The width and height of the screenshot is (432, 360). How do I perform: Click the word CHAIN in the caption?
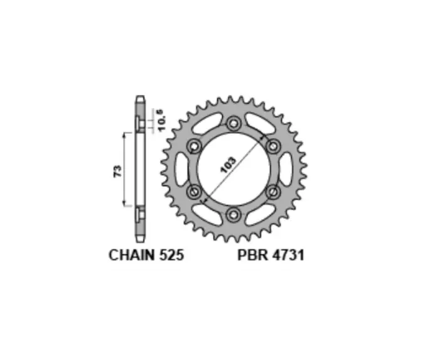(x=132, y=255)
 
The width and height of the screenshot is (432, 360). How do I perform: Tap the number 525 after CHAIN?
(x=171, y=255)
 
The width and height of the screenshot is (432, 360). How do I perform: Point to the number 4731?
(x=288, y=255)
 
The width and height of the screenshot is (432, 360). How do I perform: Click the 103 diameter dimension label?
(x=229, y=165)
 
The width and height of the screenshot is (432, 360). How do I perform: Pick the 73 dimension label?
(x=117, y=171)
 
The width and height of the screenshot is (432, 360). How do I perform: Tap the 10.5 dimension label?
(x=161, y=121)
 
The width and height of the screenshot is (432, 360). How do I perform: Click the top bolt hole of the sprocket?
(x=234, y=123)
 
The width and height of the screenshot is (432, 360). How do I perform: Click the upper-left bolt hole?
(x=194, y=146)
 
